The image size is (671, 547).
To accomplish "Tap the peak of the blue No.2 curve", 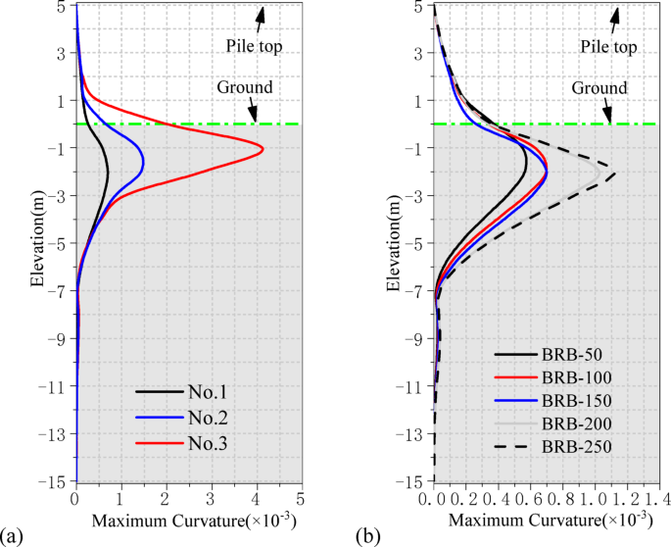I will pos(143,162).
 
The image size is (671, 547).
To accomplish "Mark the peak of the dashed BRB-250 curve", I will pos(615,174).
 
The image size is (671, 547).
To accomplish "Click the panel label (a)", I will pos(13,534).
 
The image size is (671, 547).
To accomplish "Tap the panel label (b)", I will pos(369,534).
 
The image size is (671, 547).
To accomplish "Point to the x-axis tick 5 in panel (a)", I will pos(301,498).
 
